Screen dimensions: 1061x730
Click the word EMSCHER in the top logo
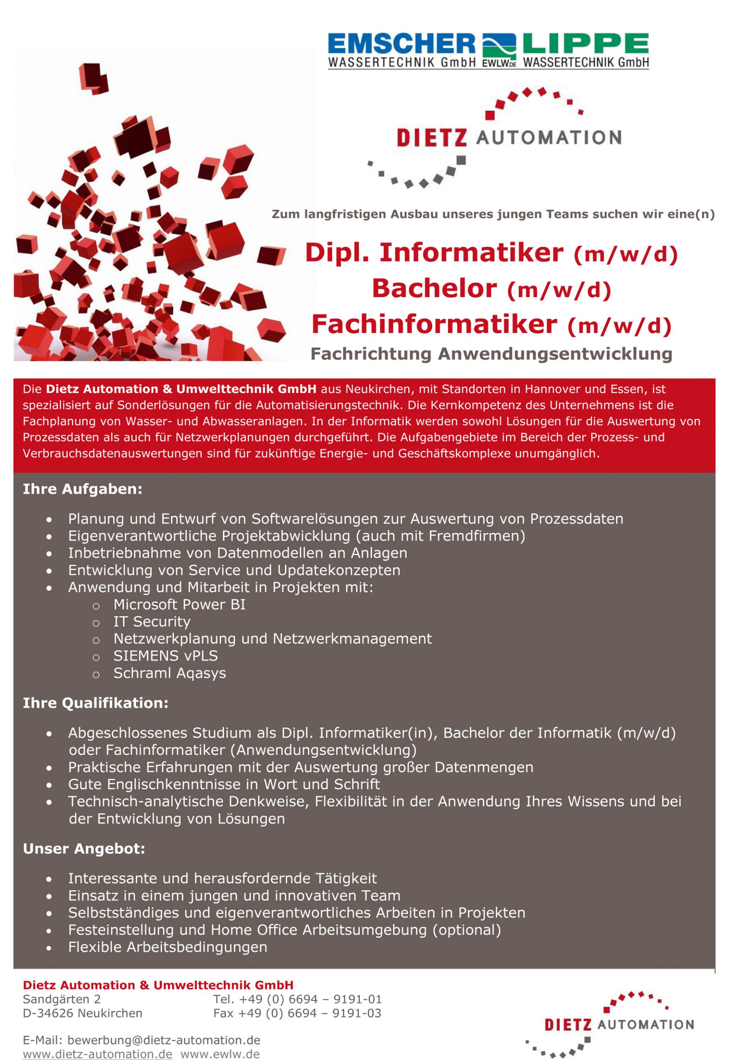click(402, 44)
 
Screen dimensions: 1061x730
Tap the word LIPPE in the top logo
click(586, 44)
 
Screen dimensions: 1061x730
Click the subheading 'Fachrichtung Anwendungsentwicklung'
click(491, 354)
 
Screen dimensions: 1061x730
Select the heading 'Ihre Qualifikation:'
click(96, 702)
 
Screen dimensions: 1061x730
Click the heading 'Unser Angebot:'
click(84, 849)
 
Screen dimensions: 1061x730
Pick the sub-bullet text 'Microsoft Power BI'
click(179, 604)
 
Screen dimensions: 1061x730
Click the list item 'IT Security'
click(152, 622)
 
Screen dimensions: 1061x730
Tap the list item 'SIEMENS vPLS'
click(166, 656)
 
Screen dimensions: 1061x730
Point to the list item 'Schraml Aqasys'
click(170, 673)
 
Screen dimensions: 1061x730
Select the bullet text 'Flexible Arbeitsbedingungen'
click(167, 947)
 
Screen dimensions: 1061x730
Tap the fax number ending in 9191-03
click(297, 1013)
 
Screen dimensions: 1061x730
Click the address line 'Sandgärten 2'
click(62, 999)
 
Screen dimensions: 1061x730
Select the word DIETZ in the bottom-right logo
click(568, 1025)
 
